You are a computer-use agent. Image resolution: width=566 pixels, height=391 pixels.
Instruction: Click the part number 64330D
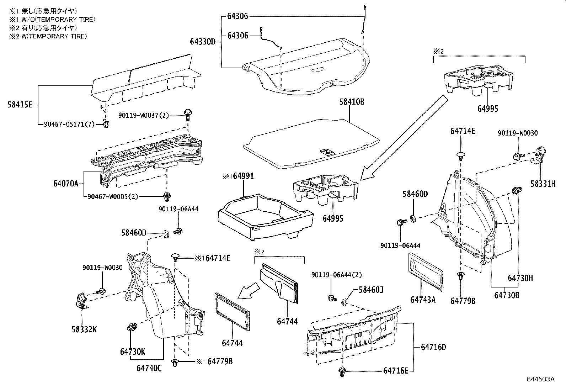[x=202, y=42]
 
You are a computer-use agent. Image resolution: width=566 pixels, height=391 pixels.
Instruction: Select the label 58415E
[x=20, y=105]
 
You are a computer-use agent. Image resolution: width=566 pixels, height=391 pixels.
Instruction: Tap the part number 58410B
[x=352, y=102]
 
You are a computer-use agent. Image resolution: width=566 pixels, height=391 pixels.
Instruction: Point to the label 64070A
[x=66, y=184]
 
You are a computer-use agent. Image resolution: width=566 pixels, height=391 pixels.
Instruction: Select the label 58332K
[x=84, y=329]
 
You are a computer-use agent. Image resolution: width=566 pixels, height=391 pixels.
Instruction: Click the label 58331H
[x=543, y=184]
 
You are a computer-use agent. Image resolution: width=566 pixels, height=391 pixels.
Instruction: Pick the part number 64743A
[x=423, y=300]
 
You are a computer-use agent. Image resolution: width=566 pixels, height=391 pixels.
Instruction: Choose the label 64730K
[x=132, y=352]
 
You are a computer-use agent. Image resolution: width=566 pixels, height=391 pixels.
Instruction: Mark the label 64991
[x=243, y=176]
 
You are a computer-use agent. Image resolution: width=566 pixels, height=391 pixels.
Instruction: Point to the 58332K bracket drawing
[x=81, y=301]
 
